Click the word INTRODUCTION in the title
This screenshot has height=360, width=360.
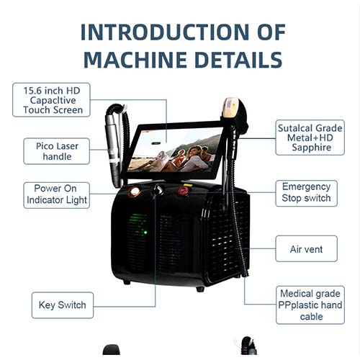click(165, 32)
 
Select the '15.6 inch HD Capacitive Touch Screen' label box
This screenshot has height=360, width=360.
click(51, 100)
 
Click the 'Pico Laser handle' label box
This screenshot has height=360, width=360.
click(57, 151)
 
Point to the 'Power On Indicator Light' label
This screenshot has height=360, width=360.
click(57, 195)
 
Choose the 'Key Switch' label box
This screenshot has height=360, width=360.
click(63, 305)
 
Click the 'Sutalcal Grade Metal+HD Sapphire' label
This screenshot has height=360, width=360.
click(310, 138)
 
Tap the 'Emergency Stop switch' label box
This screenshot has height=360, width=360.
click(306, 193)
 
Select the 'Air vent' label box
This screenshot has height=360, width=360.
click(306, 248)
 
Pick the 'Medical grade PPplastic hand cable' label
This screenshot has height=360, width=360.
click(310, 305)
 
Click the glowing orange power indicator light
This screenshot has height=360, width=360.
click(135, 192)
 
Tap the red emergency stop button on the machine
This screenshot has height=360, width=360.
click(183, 192)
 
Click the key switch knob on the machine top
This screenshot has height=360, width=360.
click(158, 190)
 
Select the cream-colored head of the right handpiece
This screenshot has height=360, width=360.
click(230, 107)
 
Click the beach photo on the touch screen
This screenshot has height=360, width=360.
click(175, 150)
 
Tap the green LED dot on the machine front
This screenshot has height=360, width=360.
click(145, 233)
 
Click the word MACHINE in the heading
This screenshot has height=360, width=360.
click(135, 60)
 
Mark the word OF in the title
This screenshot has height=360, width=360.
click(271, 32)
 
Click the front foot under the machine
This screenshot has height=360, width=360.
click(200, 289)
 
